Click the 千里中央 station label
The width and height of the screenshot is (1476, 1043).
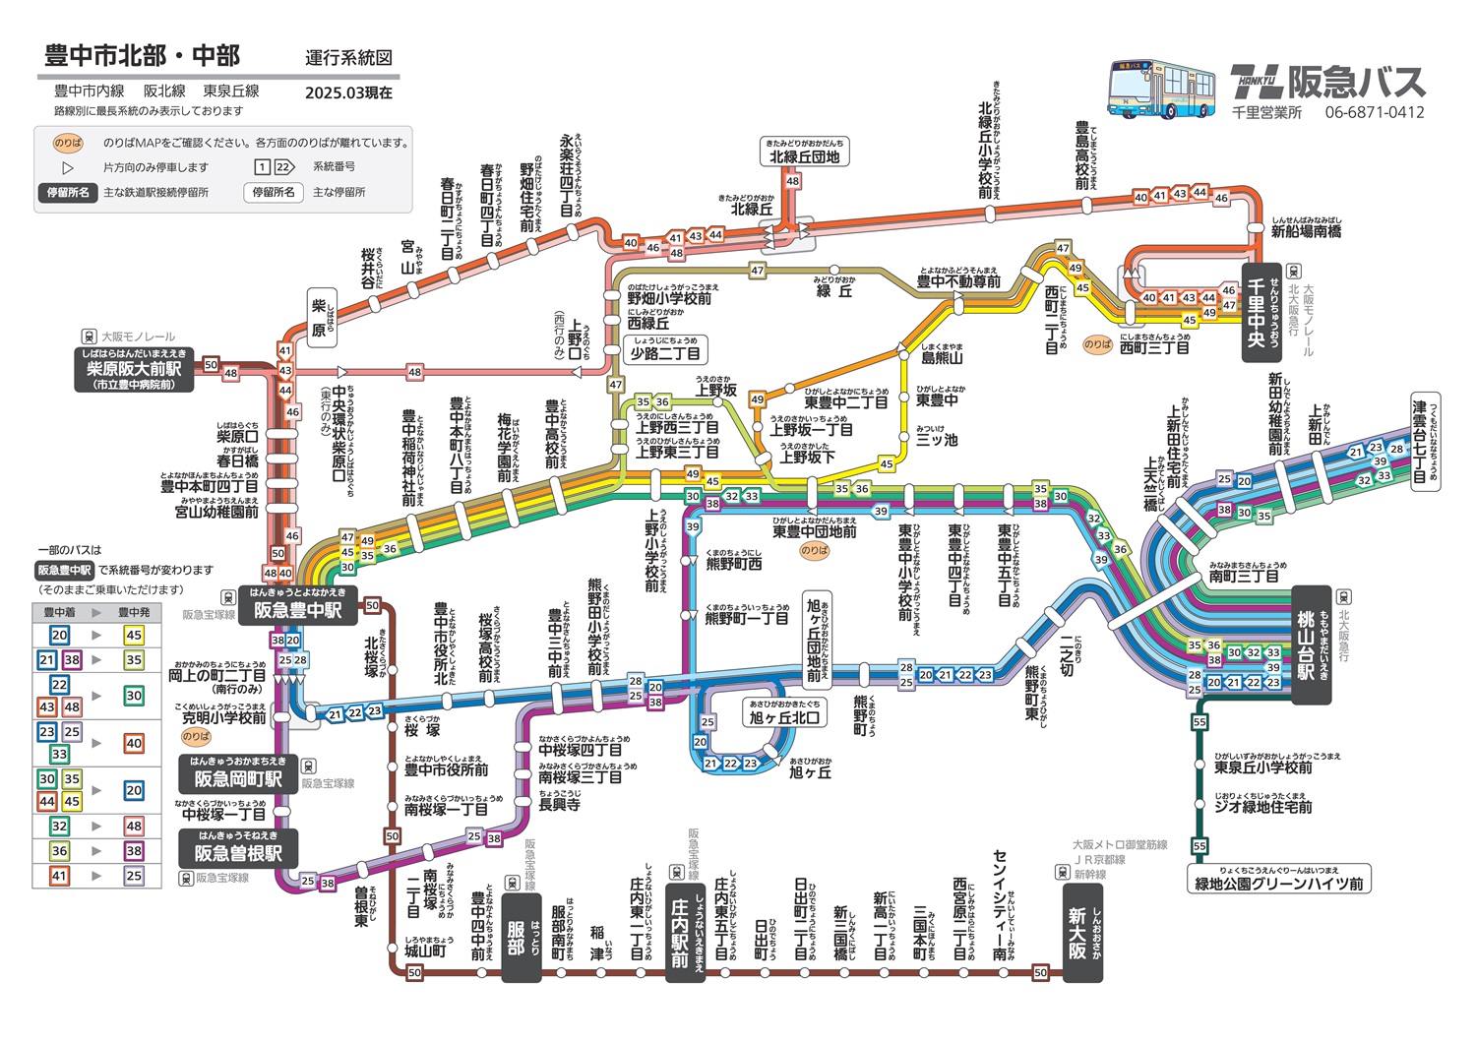pyautogui.click(x=1261, y=312)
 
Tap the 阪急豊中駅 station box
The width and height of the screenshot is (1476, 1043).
pyautogui.click(x=297, y=609)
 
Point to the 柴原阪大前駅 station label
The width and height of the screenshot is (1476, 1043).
pyautogui.click(x=134, y=369)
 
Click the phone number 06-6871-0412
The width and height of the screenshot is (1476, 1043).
pyautogui.click(x=1374, y=112)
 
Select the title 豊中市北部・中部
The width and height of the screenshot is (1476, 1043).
pyautogui.click(x=142, y=55)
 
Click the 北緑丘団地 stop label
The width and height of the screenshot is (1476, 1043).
pyautogui.click(x=804, y=156)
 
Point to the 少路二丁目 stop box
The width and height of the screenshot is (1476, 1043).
pyautogui.click(x=666, y=353)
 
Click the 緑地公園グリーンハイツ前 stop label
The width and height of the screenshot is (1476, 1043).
pyautogui.click(x=1278, y=884)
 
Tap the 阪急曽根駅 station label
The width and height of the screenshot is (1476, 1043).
pyautogui.click(x=237, y=852)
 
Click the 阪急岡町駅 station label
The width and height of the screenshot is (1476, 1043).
pyautogui.click(x=237, y=778)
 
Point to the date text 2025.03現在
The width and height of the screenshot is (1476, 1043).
pyautogui.click(x=348, y=92)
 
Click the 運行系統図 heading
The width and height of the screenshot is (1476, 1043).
pyautogui.click(x=348, y=58)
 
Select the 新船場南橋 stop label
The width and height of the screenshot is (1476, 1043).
pyautogui.click(x=1305, y=232)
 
